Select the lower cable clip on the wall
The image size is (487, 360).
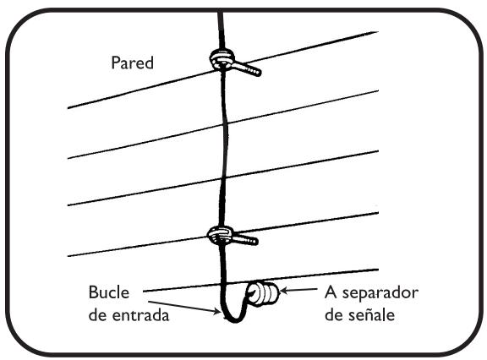(x=222, y=233)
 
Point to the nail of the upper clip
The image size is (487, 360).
(x=250, y=68)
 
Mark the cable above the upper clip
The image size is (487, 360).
(x=221, y=25)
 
